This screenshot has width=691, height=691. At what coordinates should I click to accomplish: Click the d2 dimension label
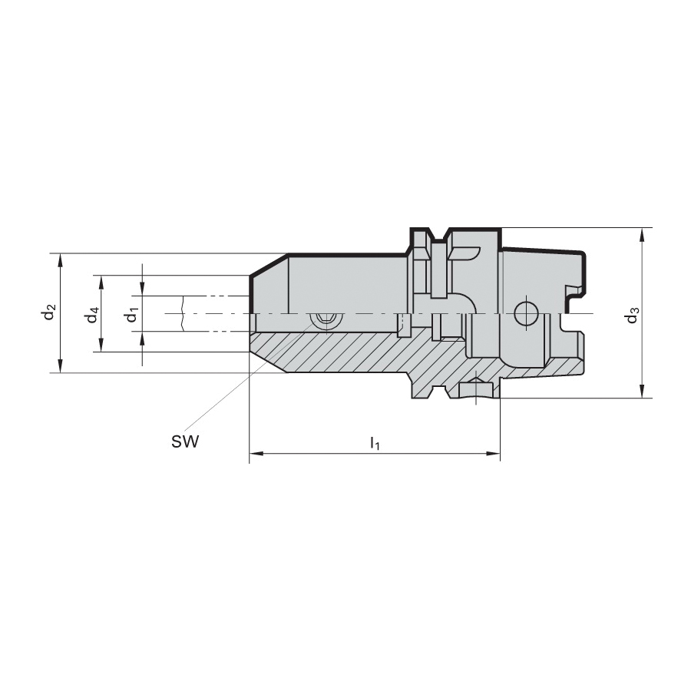pyautogui.click(x=49, y=312)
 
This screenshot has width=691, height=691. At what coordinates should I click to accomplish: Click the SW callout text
pyautogui.click(x=185, y=441)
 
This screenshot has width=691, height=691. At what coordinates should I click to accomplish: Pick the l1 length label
pyautogui.click(x=375, y=442)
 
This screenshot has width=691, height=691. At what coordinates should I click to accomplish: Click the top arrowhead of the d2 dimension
pyautogui.click(x=61, y=260)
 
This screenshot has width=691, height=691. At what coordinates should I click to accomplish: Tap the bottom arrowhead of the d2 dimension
pyautogui.click(x=61, y=365)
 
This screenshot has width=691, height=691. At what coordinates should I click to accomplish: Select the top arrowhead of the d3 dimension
pyautogui.click(x=643, y=235)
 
